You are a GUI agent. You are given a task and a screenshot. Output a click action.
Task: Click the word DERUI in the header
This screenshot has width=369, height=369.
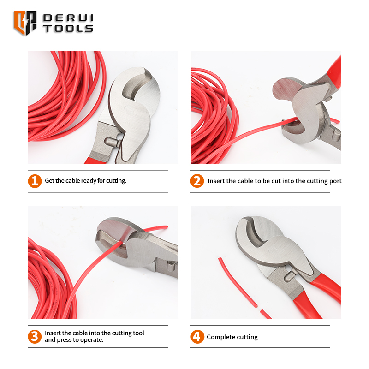point(68,18)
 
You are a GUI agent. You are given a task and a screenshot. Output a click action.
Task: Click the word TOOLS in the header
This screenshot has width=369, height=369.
point(68,28)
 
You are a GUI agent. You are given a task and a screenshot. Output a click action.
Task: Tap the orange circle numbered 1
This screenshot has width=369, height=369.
point(35,180)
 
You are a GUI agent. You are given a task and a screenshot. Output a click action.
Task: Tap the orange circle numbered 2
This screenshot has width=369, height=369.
point(197,180)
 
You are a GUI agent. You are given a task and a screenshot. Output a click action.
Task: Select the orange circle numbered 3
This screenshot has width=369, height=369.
point(35,336)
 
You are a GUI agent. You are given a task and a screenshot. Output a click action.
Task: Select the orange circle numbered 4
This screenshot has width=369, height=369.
point(197,336)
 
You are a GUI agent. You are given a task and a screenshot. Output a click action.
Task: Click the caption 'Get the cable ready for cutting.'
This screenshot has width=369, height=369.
point(85,180)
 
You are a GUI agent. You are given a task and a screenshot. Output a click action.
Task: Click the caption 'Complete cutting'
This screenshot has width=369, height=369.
point(232,337)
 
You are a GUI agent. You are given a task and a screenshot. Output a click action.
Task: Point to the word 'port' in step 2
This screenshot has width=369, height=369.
point(334,181)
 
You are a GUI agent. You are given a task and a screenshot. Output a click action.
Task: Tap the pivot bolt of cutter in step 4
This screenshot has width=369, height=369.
point(289,277)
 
